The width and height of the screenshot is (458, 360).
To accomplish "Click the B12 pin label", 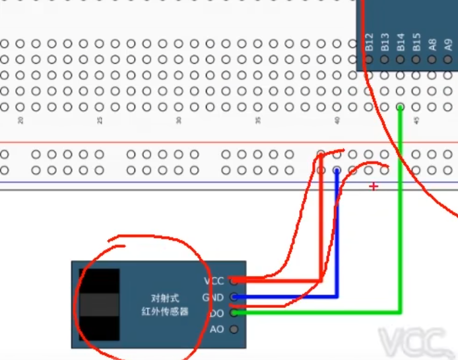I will click(x=369, y=43).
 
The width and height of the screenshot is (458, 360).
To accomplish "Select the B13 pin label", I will click(x=385, y=43).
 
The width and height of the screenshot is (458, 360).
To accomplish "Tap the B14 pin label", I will click(x=401, y=43).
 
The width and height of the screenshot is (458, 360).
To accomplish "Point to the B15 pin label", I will click(x=416, y=43).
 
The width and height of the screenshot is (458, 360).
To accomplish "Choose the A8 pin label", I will click(x=432, y=44).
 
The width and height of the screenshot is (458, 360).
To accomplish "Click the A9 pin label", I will click(x=448, y=44).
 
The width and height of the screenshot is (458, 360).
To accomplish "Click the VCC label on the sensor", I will click(x=214, y=281).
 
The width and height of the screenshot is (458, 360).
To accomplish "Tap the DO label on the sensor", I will click(x=217, y=313).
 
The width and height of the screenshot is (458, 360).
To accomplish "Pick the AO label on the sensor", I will click(x=217, y=329).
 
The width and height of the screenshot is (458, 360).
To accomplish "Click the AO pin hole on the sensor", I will click(x=233, y=329).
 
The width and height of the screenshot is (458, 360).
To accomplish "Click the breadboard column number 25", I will click(x=100, y=121).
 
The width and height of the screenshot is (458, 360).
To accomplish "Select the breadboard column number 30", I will click(x=179, y=121).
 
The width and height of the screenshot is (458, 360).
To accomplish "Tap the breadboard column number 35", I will click(x=258, y=121).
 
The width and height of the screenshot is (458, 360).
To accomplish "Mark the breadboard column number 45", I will click(x=416, y=121).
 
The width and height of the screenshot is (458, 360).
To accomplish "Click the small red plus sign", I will click(x=374, y=187).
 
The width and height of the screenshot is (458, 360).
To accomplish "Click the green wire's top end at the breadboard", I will click(x=401, y=106).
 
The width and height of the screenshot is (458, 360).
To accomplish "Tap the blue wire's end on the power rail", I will click(x=337, y=170).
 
